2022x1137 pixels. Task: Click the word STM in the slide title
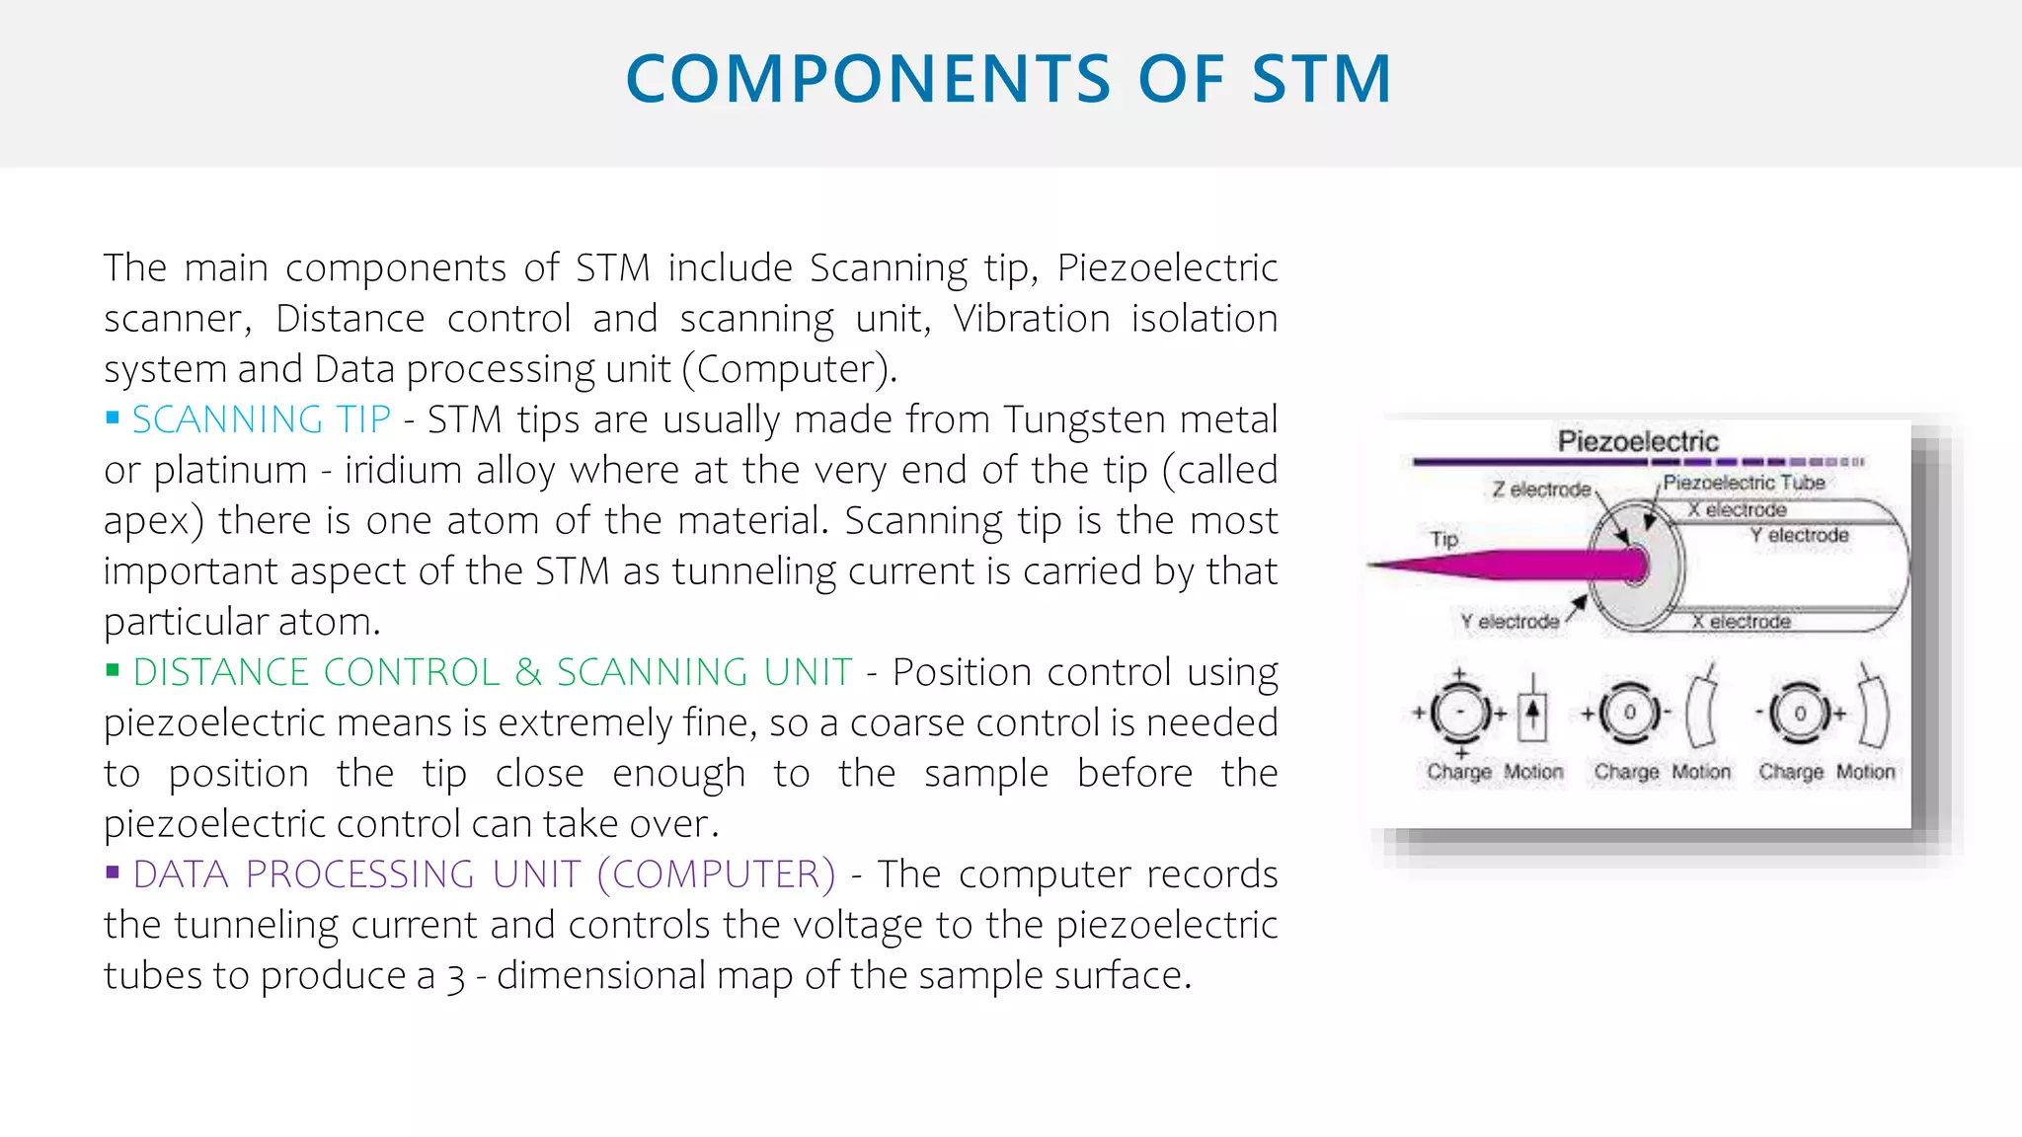pyautogui.click(x=1322, y=80)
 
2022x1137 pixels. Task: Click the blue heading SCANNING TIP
pyautogui.click(x=262, y=420)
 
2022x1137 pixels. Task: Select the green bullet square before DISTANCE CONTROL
pyautogui.click(x=113, y=671)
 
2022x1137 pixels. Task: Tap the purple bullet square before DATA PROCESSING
pyautogui.click(x=113, y=872)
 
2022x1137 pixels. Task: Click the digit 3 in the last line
pyautogui.click(x=455, y=977)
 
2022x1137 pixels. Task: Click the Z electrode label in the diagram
pyautogui.click(x=1541, y=490)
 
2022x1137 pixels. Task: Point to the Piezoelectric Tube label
pyautogui.click(x=1744, y=483)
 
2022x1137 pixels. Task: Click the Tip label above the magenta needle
pyautogui.click(x=1443, y=539)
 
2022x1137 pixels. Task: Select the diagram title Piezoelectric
pyautogui.click(x=1638, y=441)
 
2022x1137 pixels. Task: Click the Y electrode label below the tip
pyautogui.click(x=1510, y=622)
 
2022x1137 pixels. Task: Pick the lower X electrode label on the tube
pyautogui.click(x=1741, y=622)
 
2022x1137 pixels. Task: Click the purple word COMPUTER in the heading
pyautogui.click(x=717, y=874)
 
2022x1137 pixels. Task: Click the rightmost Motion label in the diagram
pyautogui.click(x=1865, y=772)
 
